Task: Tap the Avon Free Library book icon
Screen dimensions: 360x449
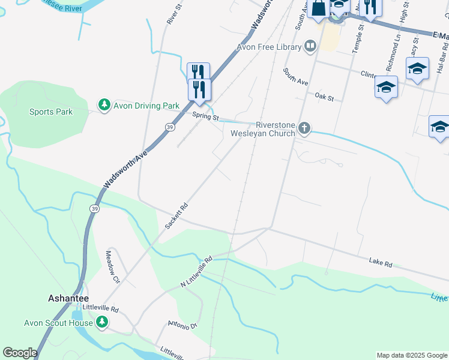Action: coord(310,46)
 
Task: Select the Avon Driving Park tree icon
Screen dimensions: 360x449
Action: coord(104,106)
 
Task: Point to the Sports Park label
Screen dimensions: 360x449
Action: coord(51,112)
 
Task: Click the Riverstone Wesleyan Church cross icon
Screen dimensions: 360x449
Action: coord(305,128)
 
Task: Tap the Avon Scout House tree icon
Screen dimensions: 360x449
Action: coord(102,323)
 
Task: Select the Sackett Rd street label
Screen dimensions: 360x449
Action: coord(176,215)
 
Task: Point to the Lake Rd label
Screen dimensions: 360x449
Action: coord(381,263)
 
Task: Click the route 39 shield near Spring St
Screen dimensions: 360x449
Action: coord(170,127)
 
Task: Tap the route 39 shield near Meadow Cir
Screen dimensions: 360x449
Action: coord(94,208)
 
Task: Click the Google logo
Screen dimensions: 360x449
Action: coord(20,353)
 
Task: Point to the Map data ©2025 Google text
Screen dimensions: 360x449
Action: coord(411,355)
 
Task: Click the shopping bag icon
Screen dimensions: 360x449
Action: coord(319,8)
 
